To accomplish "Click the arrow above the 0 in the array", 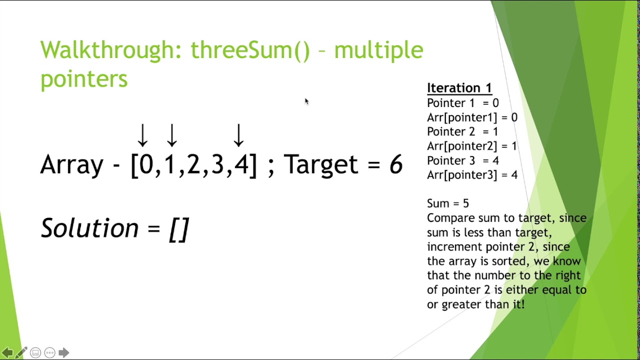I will point(142,135).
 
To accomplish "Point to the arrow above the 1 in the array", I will point(172,135).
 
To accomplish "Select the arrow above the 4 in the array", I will point(238,135).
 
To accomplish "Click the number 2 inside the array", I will point(193,164).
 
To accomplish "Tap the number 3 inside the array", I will point(217,164).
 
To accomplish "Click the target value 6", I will point(395,164).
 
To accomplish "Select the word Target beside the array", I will point(321,164).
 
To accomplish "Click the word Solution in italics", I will point(89,228).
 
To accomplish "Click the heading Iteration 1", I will point(459,88).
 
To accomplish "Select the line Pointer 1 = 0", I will point(462,103).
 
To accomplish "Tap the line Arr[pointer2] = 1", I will point(471,146).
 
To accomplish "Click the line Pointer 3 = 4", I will point(462,160).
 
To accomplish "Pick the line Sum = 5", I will point(447,203).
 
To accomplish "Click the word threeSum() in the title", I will point(250,50).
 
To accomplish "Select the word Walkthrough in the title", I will point(110,50).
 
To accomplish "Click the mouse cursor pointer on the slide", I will point(306,101).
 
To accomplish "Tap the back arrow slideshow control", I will point(7,352).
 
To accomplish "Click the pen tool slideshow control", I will point(21,352).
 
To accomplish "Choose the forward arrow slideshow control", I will point(63,352).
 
